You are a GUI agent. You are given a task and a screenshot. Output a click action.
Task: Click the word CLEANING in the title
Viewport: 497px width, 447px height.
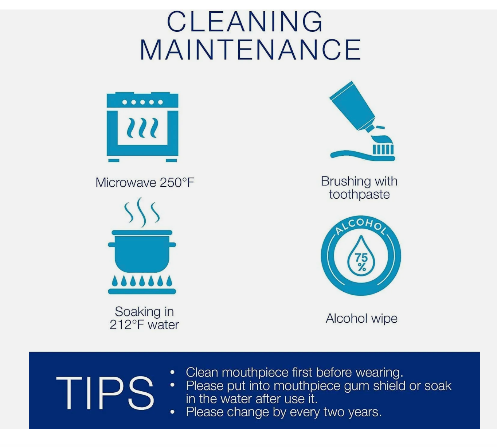pos(245,22)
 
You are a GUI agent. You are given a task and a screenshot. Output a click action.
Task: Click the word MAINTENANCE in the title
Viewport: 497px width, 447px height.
pos(250,50)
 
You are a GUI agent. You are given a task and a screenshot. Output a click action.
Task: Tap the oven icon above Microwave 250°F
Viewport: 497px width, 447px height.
pos(142,127)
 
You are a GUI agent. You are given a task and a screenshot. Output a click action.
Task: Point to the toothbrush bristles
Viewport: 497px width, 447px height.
pos(383,149)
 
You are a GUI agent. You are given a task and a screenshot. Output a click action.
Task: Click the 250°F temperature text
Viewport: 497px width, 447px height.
pos(177,182)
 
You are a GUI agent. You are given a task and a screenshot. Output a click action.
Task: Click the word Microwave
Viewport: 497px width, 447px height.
pos(126,182)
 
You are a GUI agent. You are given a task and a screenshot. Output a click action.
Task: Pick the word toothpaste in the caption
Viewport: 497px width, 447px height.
pos(359,194)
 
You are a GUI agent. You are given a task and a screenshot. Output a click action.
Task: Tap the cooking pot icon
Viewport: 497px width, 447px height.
pos(142,251)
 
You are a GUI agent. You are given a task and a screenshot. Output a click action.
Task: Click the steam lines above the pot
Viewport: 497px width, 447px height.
pos(142,212)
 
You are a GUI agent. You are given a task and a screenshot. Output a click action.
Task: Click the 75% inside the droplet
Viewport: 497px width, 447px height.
pos(361,262)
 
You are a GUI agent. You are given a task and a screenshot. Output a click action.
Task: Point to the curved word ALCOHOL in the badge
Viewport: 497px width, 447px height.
pos(361,226)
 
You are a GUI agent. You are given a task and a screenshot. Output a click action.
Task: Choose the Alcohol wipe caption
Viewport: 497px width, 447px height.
pos(361,318)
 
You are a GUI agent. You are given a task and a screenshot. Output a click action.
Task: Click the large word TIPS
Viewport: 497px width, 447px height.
pos(105,393)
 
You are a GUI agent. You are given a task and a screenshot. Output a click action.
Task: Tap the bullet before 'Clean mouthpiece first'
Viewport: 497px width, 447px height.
pos(173,372)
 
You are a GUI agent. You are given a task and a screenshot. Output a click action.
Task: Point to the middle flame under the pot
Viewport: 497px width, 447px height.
pos(142,281)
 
